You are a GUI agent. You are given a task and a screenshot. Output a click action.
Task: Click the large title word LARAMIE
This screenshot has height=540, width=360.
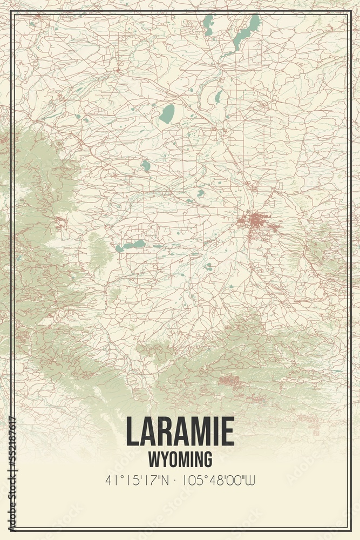pyautogui.click(x=180, y=432)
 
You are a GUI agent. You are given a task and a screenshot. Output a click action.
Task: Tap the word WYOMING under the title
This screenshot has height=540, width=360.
pyautogui.click(x=180, y=460)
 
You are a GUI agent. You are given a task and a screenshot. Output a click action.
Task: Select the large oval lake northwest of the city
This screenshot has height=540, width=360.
pyautogui.click(x=167, y=114)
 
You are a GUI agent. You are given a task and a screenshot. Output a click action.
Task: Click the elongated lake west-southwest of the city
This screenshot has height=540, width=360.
pyautogui.click(x=131, y=246)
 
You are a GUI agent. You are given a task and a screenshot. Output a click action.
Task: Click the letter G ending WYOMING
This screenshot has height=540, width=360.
pyautogui.click(x=207, y=460)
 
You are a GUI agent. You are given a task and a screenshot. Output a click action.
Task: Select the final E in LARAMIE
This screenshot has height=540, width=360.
pyautogui.click(x=227, y=432)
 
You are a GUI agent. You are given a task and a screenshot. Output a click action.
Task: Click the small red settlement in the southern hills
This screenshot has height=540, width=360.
pyautogui.click(x=231, y=381)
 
